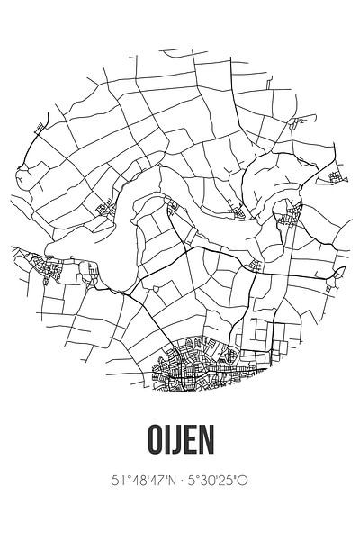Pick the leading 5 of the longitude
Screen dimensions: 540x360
pyautogui.click(x=193, y=507)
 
